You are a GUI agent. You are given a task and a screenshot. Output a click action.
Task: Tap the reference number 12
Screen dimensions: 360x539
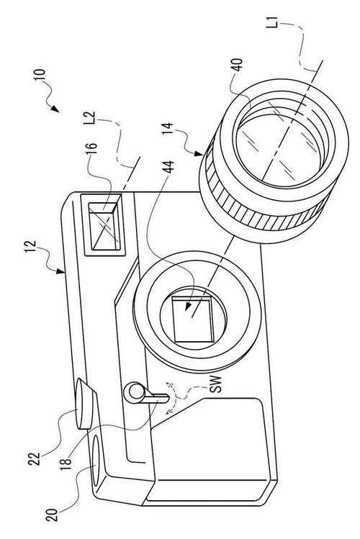pos(31,247)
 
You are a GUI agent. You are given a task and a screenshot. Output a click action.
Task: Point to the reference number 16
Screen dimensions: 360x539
pos(92,150)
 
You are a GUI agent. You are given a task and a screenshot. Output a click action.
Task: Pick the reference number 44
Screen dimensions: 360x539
pos(168,167)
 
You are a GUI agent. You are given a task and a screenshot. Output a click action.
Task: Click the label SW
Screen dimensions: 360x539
pos(216,384)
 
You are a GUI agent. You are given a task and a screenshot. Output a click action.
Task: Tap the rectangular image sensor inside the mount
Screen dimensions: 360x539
pos(192,320)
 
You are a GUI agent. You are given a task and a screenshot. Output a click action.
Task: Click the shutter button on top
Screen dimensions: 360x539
pos(85,403)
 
